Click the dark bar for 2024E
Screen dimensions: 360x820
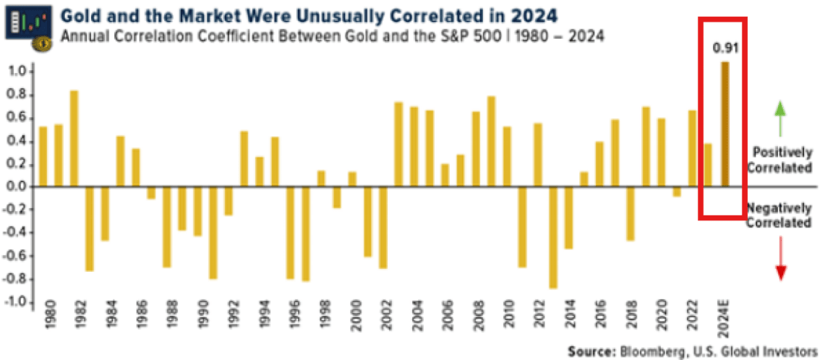click(725, 124)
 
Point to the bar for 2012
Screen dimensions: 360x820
click(537, 155)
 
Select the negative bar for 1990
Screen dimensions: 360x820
click(213, 233)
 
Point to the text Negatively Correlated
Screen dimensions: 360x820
click(779, 215)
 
